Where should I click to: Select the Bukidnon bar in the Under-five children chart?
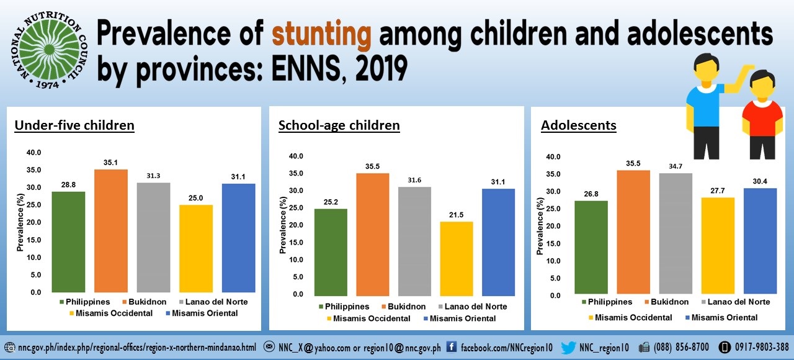[x=111, y=230]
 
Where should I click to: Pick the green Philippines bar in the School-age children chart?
[x=331, y=251]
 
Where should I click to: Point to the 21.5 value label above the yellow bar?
[x=457, y=214]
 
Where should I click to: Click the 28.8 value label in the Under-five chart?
[x=69, y=184]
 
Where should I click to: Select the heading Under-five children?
[x=74, y=125]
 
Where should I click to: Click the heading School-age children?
[x=339, y=125]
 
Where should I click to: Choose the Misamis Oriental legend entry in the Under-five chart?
[x=201, y=313]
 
